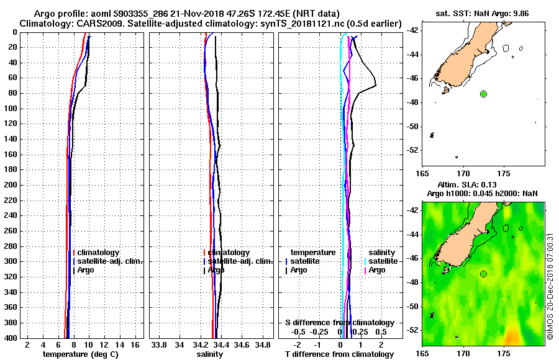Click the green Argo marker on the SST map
(x=483, y=94)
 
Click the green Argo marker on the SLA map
(x=483, y=274)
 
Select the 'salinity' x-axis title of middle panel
(x=210, y=354)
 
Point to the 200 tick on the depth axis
(x=11, y=185)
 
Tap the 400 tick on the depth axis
(x=11, y=338)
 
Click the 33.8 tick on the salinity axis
(x=159, y=344)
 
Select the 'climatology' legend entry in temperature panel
(x=98, y=253)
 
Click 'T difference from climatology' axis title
(x=339, y=354)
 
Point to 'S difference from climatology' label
(x=339, y=323)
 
